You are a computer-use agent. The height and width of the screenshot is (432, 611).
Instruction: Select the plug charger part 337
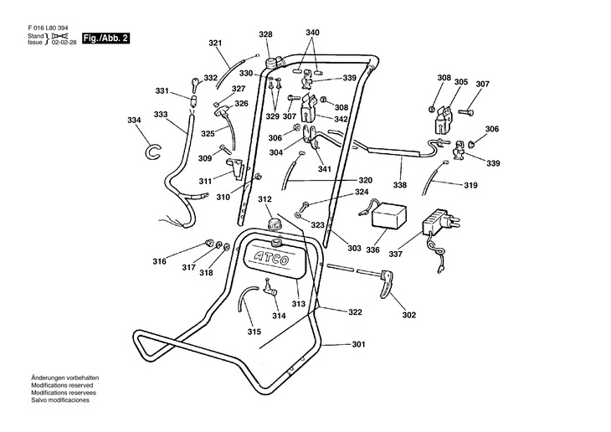(x=439, y=223)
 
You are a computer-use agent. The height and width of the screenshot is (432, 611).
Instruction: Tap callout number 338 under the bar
(x=400, y=184)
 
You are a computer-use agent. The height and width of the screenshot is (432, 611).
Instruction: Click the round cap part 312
(x=275, y=224)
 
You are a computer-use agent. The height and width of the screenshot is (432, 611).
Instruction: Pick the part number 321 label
(x=215, y=43)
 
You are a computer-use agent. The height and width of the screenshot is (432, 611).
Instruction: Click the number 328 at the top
(x=265, y=34)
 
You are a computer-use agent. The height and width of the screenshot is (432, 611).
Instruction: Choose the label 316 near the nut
(x=159, y=262)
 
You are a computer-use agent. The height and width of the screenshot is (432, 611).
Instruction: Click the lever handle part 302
(x=386, y=281)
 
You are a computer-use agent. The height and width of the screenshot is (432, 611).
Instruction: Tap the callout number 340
(x=312, y=33)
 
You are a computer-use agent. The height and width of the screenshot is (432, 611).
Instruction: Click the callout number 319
(x=470, y=186)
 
